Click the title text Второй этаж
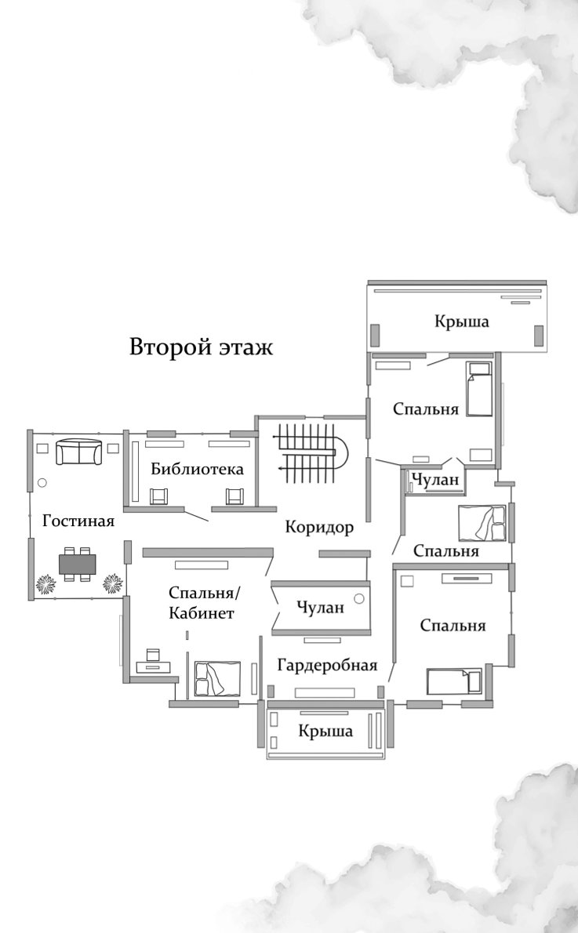coord(202,347)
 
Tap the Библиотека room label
coord(198,470)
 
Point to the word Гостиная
coord(78,521)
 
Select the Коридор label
coord(319,527)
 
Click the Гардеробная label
coord(327,666)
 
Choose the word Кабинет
coord(201,614)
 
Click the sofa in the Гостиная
coord(78,451)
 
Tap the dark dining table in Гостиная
coord(78,563)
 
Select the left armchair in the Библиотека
coord(159,496)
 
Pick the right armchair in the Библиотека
coord(234,496)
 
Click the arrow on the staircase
coord(281,468)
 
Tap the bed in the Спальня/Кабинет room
coord(217,677)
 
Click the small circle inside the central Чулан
coord(359,599)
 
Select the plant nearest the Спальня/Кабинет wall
coord(114,583)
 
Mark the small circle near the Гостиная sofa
coord(42,484)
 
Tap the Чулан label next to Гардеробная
coord(320,608)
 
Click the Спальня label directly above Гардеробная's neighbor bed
coord(453,626)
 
